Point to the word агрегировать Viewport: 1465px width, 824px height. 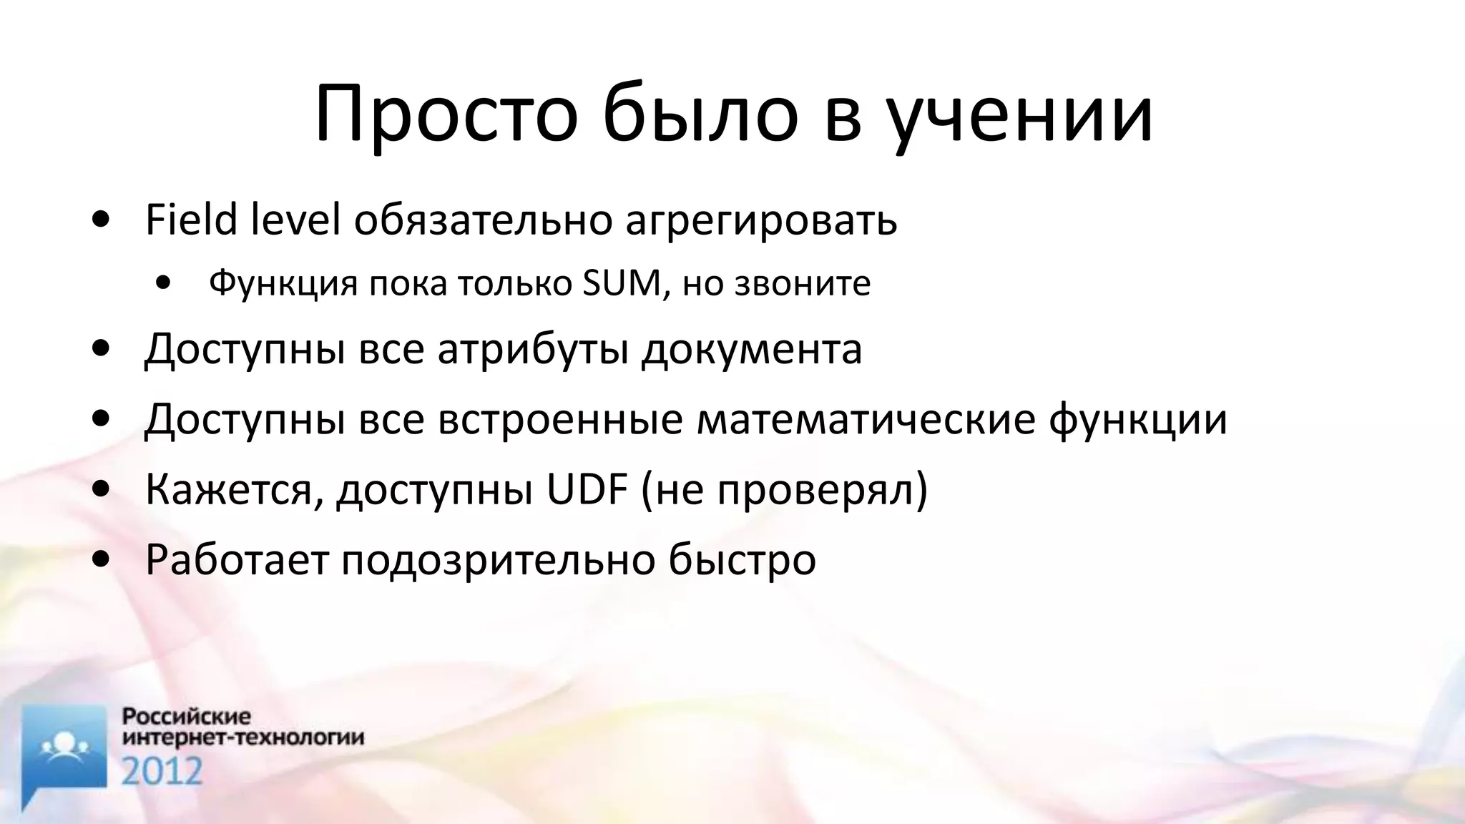tap(761, 221)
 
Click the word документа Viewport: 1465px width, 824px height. tap(751, 350)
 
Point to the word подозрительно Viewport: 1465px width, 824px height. tap(497, 560)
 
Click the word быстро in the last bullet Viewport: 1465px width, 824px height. tap(742, 560)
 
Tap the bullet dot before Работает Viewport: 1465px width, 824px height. tap(102, 559)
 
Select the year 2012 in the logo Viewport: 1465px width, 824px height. tap(162, 770)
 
